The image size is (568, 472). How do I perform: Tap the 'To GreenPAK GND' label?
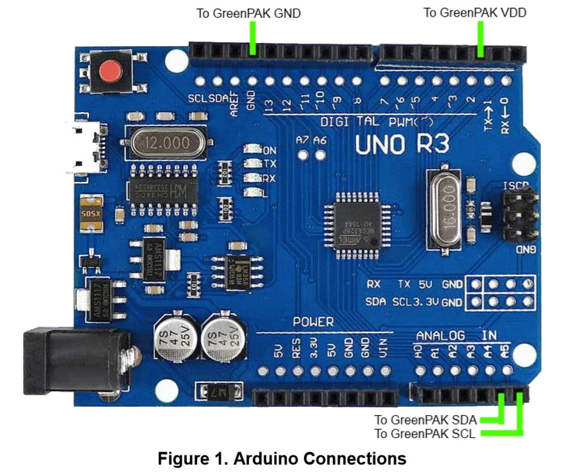point(248,13)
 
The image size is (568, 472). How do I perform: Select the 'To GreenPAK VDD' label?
point(475,13)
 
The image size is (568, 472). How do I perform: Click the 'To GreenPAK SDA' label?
point(425,420)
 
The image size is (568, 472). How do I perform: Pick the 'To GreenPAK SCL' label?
point(425,434)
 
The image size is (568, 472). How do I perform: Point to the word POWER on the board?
point(313,321)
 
